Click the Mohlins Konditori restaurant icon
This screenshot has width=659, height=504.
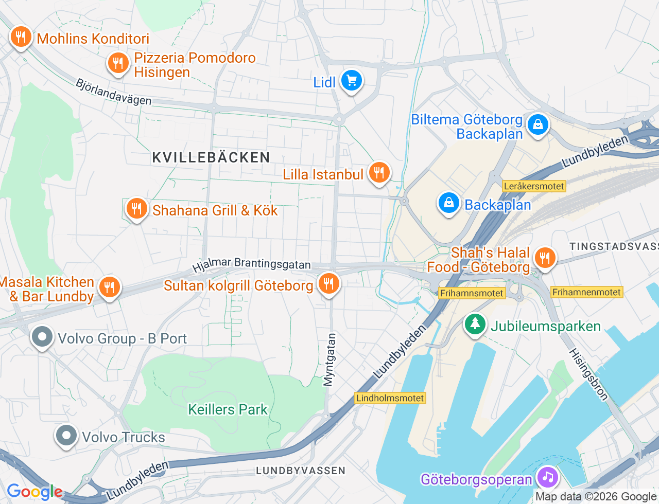point(21,37)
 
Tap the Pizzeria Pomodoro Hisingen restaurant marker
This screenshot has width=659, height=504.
point(118,63)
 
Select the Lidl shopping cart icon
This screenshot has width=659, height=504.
point(352,81)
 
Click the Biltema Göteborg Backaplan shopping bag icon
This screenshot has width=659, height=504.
point(537,124)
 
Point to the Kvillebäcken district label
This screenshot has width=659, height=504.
point(211,157)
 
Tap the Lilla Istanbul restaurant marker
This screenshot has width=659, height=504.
point(379,173)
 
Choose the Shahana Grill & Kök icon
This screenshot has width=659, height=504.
point(136,209)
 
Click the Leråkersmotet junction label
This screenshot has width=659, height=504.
point(534,186)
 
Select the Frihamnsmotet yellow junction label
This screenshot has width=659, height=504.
point(472,293)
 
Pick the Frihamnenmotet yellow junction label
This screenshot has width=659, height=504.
point(586,292)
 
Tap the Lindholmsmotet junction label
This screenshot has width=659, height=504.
point(390,398)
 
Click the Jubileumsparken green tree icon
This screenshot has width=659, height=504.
point(475,325)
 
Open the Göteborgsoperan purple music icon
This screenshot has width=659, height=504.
point(548,477)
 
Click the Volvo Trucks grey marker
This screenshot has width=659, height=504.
point(66,436)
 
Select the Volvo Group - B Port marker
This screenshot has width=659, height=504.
point(42,337)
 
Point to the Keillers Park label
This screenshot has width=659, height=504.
point(228,409)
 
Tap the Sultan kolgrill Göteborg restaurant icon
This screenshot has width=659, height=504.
point(328,283)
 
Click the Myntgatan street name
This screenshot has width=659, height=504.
point(329,359)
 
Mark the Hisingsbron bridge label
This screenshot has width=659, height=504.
point(589,374)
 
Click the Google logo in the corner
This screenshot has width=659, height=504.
point(34,492)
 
